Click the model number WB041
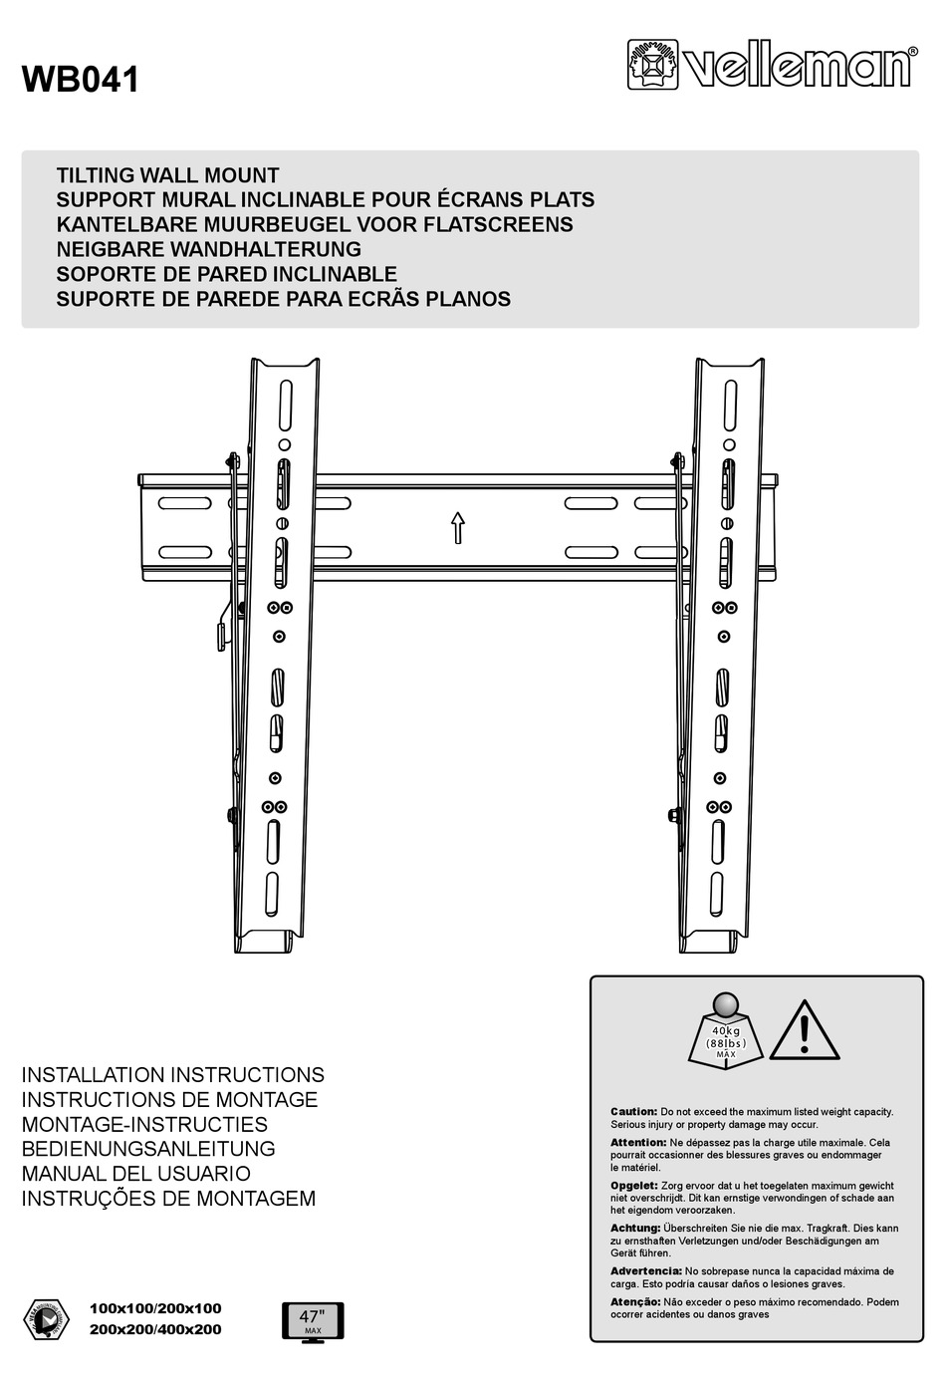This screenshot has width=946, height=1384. [81, 80]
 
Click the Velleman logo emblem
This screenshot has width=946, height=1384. [652, 65]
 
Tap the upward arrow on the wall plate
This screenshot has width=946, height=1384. [458, 527]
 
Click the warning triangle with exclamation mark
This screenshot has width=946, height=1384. [804, 1030]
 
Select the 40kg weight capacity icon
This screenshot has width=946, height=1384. [726, 1030]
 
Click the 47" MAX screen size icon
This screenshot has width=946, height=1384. [313, 1321]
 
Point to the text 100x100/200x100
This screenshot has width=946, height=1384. [155, 1308]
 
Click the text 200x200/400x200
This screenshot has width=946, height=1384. [155, 1329]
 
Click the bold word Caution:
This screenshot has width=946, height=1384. [633, 1111]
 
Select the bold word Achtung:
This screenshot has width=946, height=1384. [635, 1229]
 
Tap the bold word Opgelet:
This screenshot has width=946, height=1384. [633, 1186]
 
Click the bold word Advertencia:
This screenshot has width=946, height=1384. [645, 1271]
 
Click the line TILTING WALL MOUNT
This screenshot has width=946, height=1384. [167, 175]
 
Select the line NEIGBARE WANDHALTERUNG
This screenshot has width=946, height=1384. [208, 249]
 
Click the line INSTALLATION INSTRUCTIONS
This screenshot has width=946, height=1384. [172, 1075]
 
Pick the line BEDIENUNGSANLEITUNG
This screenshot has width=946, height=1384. [148, 1149]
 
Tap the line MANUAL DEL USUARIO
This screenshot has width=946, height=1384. [135, 1174]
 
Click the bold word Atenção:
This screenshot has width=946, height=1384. [635, 1302]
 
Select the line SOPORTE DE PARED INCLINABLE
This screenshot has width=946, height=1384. [226, 274]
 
